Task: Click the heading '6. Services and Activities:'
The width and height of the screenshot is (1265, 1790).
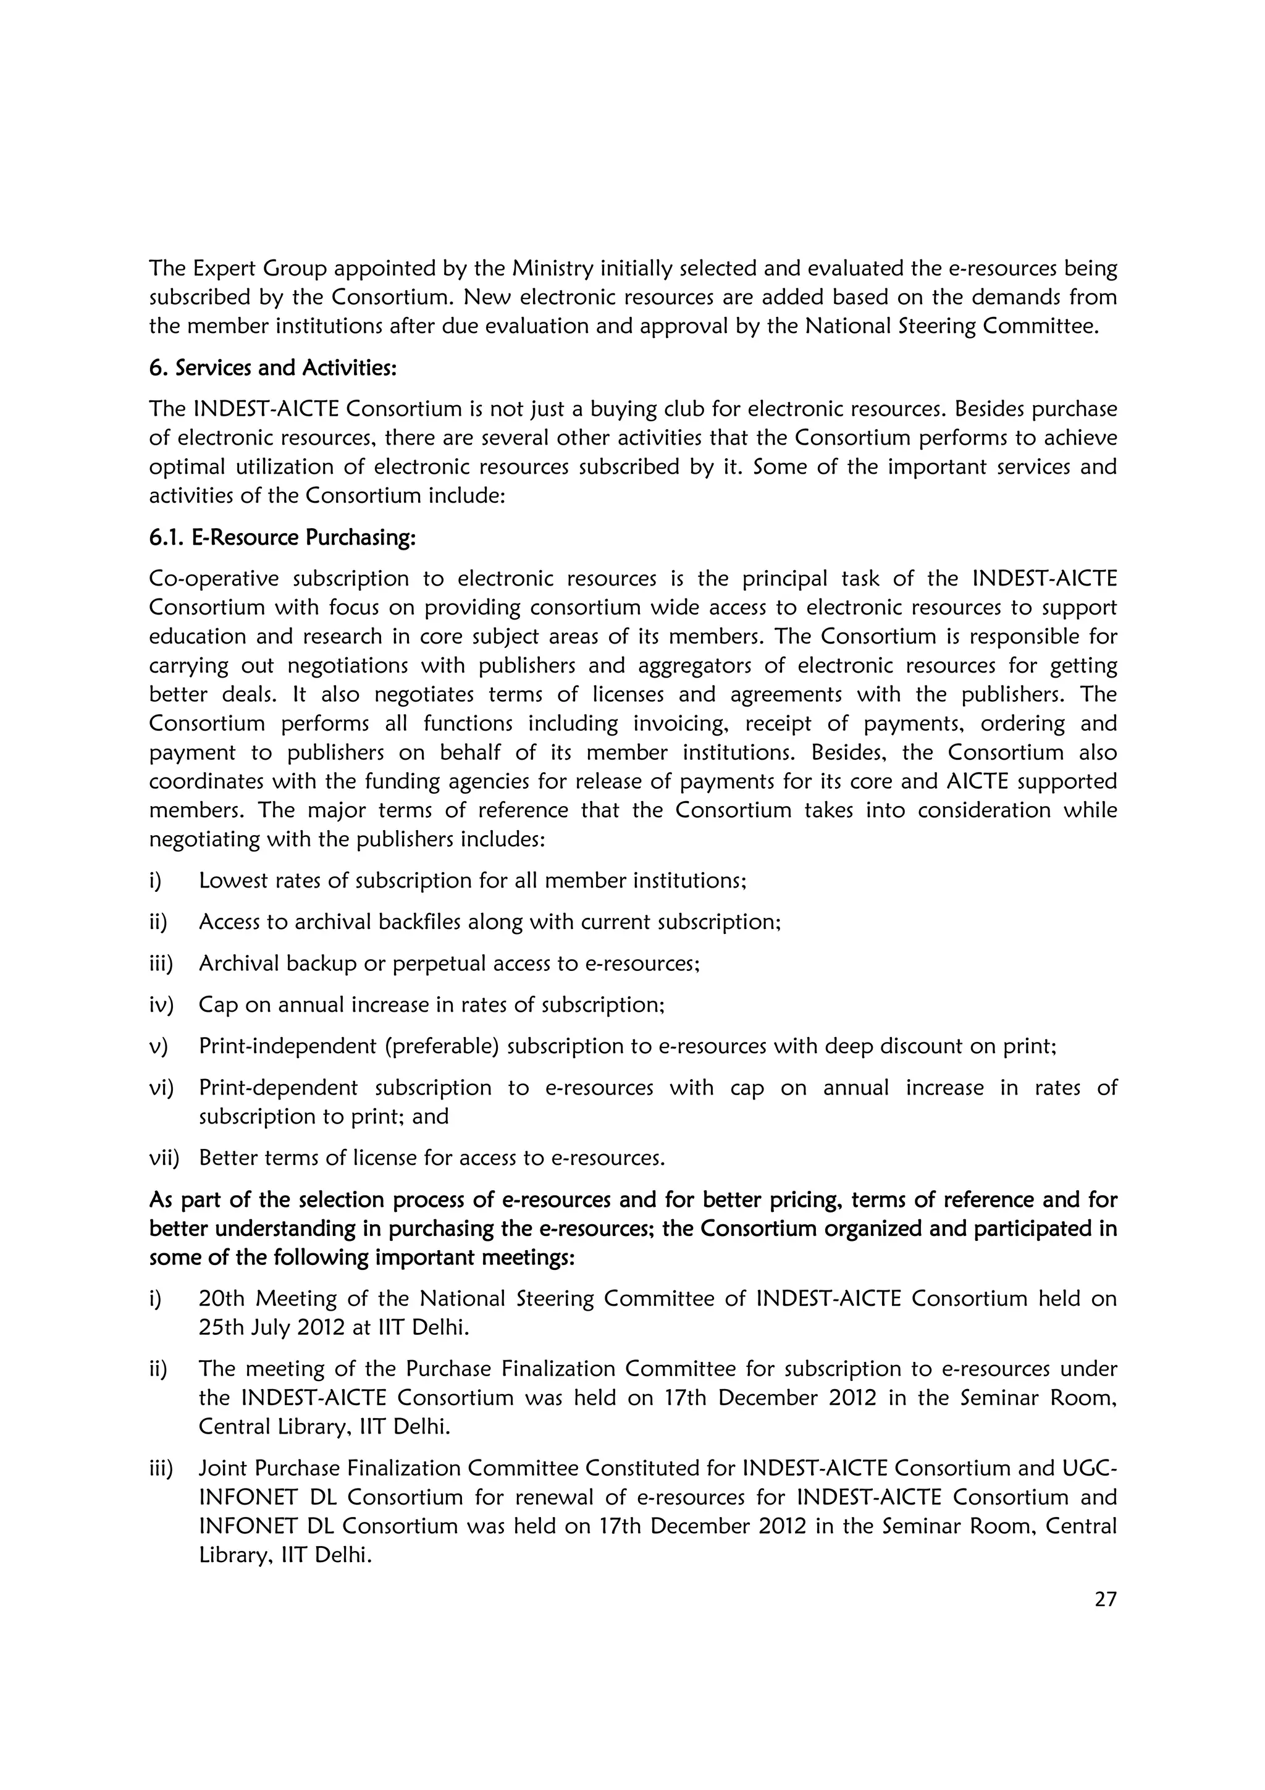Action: (273, 368)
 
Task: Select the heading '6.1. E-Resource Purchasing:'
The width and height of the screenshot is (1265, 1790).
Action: (282, 538)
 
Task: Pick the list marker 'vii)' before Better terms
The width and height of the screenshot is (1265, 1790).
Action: (164, 1158)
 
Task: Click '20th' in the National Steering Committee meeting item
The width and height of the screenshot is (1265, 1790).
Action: (222, 1299)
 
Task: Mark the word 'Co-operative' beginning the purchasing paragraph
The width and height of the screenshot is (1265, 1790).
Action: (214, 579)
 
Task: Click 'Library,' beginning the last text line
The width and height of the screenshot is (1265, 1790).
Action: (230, 1555)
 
